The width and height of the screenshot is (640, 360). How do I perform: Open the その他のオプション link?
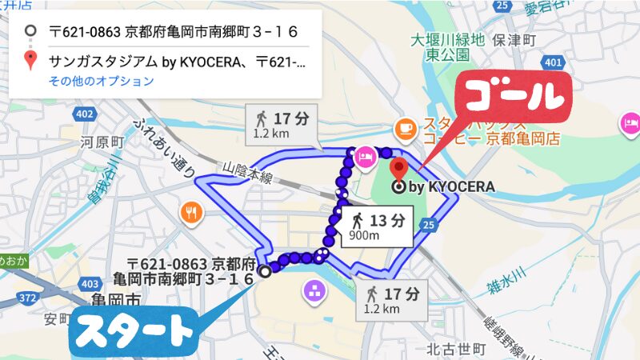click(101, 81)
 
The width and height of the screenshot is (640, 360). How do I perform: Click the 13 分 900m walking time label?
click(378, 226)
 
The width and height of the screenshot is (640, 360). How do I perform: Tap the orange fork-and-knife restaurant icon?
click(190, 213)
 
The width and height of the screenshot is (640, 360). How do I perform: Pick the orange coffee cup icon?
click(405, 126)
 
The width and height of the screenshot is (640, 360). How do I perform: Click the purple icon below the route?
click(313, 293)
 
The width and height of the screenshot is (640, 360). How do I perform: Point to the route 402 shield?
click(84, 114)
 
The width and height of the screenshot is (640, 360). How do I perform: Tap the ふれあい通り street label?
click(165, 148)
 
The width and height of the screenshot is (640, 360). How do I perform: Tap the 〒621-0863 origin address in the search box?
click(173, 32)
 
